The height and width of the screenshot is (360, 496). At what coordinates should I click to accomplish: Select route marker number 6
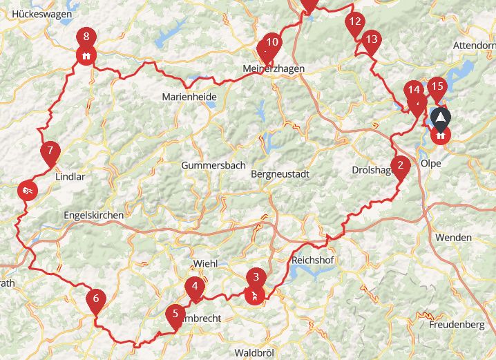coord(95,300)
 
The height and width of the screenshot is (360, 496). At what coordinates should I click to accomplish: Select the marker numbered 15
coord(436,87)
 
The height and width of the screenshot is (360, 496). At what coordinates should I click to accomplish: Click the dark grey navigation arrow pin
coord(439,118)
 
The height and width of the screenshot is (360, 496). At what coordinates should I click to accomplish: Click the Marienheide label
coord(189,97)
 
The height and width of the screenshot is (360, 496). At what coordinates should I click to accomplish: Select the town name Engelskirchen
coord(93,215)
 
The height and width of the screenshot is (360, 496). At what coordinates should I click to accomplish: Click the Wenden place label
coord(453,237)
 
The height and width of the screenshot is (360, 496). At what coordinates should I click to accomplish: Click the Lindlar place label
coord(69,177)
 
